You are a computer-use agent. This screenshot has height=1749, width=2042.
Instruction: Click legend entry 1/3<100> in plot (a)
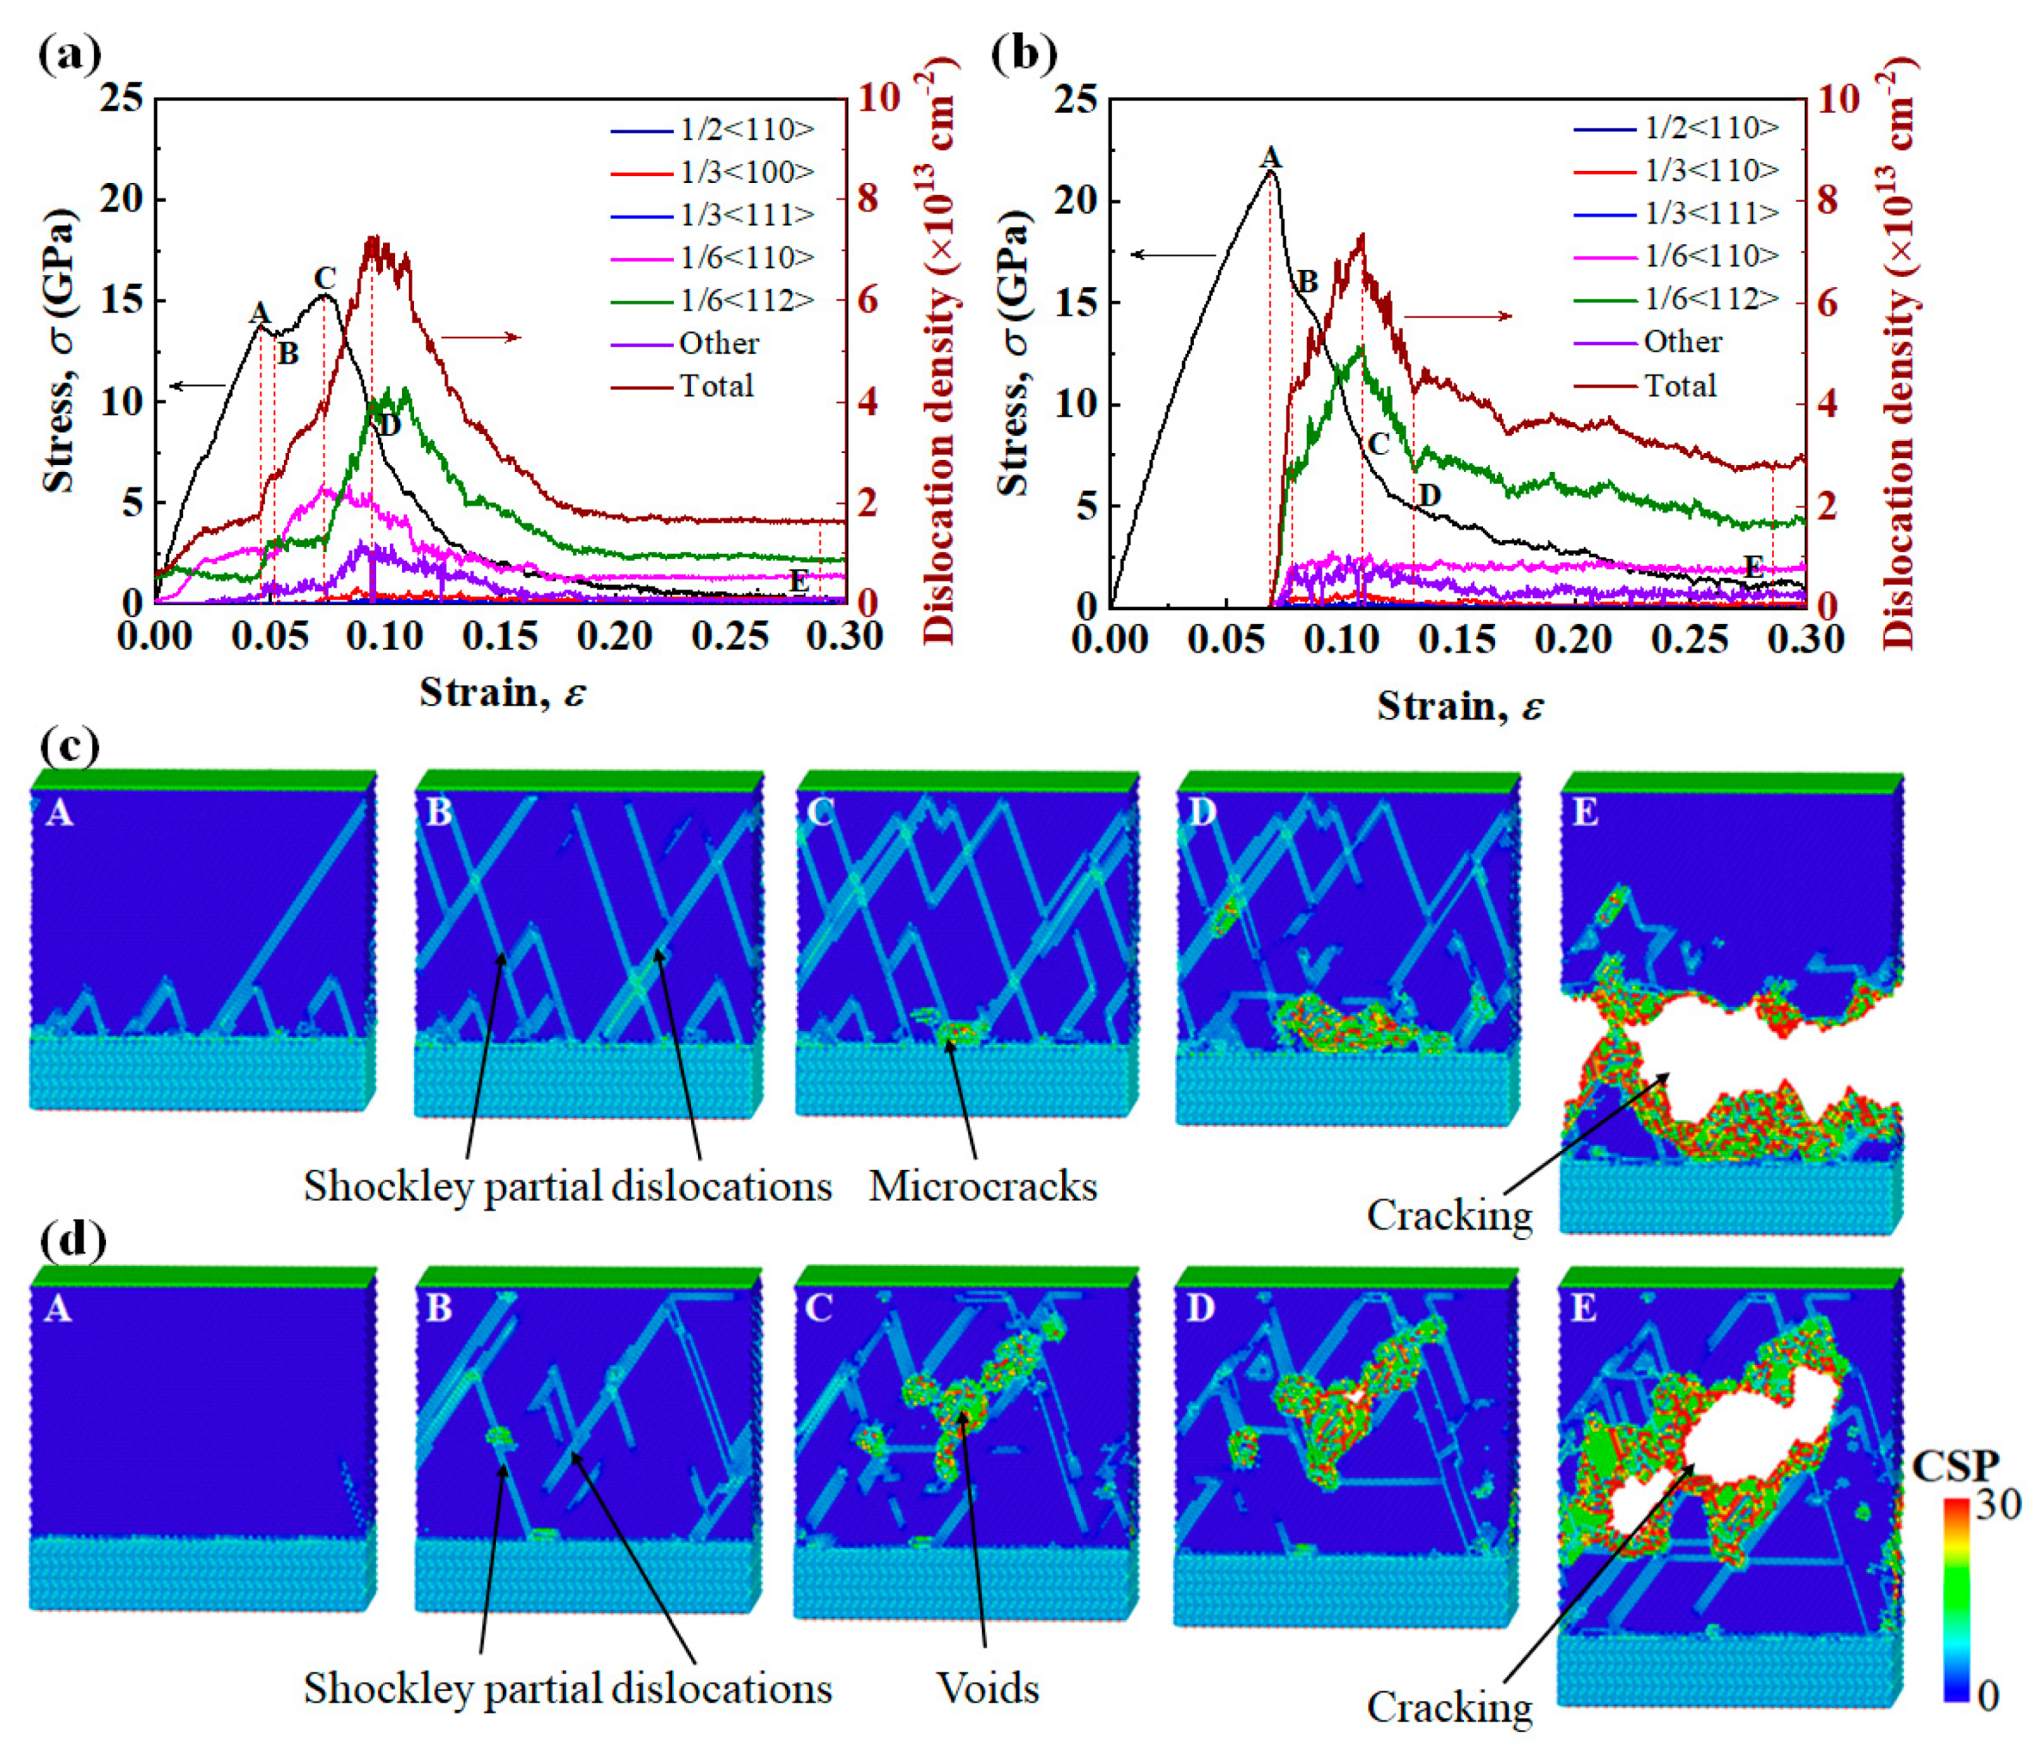click(x=746, y=172)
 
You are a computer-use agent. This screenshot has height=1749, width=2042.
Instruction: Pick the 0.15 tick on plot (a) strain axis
click(x=500, y=637)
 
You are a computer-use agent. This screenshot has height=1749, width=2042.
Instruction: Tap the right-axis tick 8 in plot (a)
click(x=867, y=199)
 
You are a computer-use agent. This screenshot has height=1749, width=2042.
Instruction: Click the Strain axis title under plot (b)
click(x=1461, y=706)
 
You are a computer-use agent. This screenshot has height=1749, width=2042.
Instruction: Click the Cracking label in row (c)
click(x=1449, y=1215)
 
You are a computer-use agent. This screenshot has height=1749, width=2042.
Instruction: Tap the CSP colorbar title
click(x=1955, y=1466)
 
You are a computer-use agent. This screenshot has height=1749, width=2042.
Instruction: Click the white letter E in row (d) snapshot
click(x=1583, y=1309)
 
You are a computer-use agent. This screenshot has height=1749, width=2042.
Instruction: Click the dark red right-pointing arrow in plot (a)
click(x=480, y=338)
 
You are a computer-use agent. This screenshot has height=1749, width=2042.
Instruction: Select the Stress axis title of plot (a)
click(x=59, y=350)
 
